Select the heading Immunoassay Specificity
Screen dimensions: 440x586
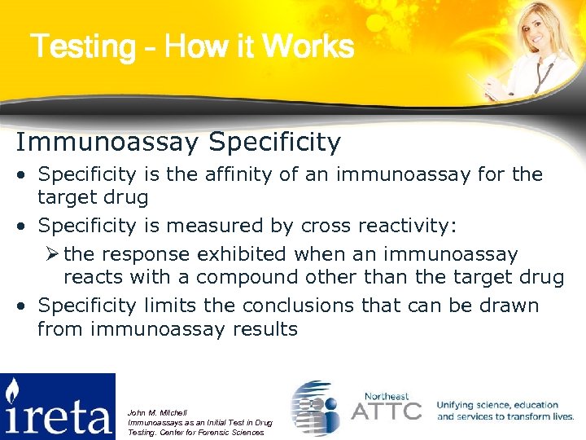click(178, 143)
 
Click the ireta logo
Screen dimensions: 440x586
click(58, 406)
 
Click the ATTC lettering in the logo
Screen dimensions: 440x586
click(386, 409)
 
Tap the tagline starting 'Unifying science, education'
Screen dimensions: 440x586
click(505, 411)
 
